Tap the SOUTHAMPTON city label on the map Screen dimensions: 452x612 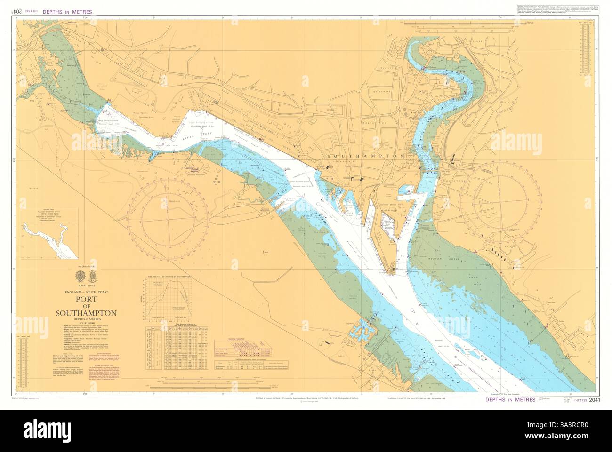(365, 155)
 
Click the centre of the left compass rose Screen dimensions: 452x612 (169, 220)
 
